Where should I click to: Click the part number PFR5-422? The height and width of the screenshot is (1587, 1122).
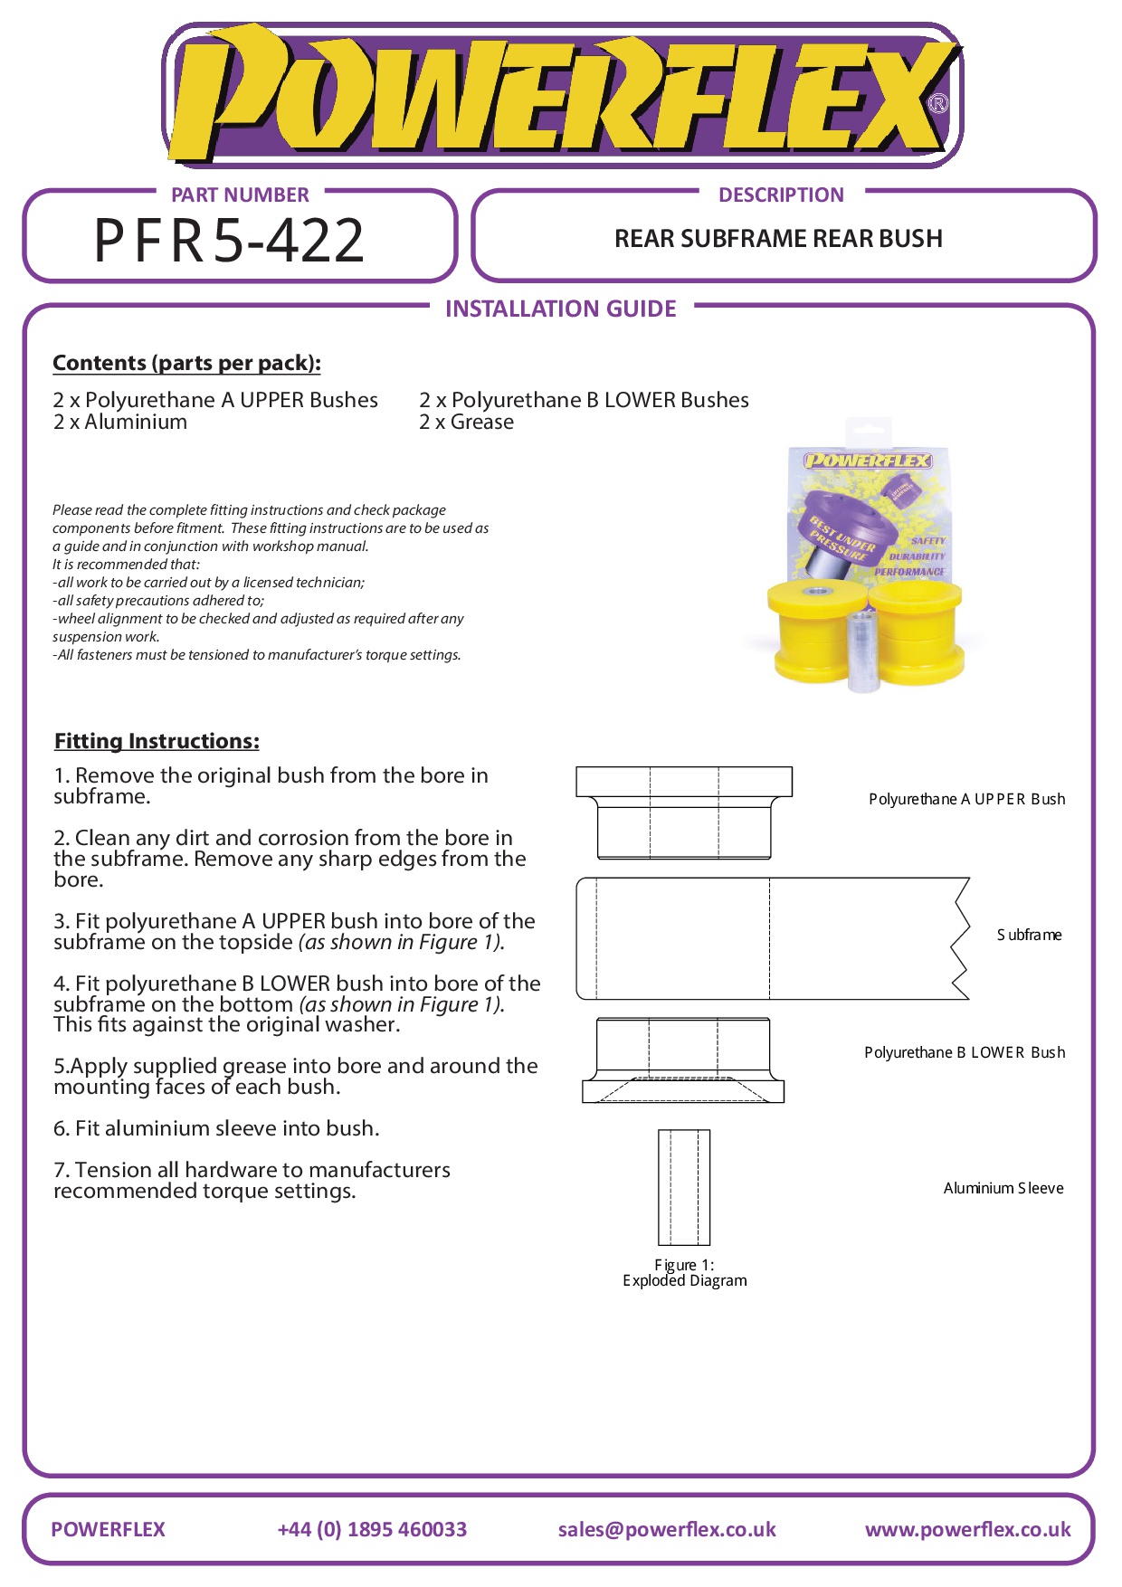click(229, 241)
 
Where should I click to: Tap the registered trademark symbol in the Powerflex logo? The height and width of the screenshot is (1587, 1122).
click(938, 104)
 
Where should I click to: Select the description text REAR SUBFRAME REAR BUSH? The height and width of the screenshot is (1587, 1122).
click(778, 239)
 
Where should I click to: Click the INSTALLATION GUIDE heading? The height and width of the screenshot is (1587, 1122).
click(560, 309)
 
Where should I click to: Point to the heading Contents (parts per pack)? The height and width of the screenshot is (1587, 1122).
click(186, 363)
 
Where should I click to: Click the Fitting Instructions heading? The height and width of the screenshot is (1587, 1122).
click(157, 741)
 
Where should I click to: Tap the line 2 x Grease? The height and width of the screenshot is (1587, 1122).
click(466, 423)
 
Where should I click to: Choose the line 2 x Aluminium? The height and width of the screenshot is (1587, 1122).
click(120, 423)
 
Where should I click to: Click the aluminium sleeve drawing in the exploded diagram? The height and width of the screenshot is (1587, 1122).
click(684, 1187)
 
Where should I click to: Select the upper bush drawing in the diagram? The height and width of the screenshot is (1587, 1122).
click(684, 812)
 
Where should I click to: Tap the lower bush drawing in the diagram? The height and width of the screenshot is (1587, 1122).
click(683, 1060)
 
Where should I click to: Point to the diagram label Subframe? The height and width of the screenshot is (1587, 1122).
click(1029, 935)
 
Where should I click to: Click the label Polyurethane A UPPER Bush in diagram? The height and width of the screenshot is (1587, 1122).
click(966, 799)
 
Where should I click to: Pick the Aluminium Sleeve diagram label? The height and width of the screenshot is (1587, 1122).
click(1003, 1188)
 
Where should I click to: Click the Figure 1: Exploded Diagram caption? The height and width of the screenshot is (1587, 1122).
click(685, 1272)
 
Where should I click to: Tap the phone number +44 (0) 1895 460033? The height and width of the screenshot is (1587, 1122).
click(372, 1529)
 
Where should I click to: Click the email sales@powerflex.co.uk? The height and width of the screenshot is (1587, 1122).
click(667, 1529)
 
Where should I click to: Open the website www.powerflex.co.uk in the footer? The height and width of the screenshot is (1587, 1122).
click(967, 1529)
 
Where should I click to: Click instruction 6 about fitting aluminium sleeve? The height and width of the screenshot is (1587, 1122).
click(216, 1128)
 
